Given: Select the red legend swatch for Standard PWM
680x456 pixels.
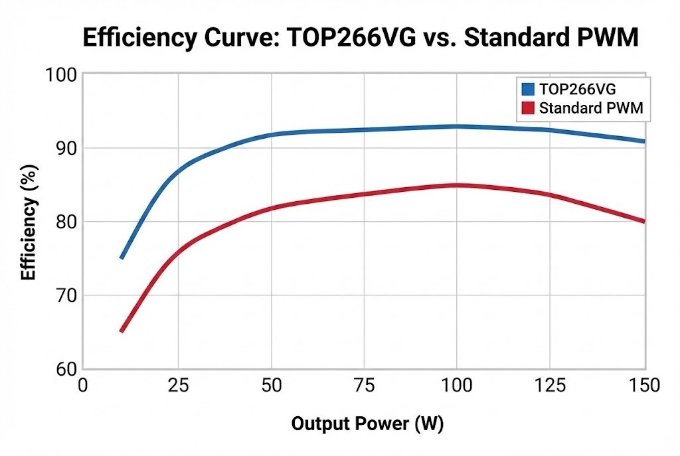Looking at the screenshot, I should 528,108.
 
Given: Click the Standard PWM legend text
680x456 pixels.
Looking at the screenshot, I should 591,108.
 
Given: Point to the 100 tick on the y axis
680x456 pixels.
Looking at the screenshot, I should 60,75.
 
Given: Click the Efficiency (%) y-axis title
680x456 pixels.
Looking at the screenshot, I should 28,222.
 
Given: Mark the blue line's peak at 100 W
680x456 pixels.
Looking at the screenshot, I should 457,126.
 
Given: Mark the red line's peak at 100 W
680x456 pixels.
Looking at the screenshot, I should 457,185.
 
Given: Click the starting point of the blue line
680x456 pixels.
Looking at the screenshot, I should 122,258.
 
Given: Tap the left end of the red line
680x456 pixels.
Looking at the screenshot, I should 122,331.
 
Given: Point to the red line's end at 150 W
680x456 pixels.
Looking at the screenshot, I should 643,221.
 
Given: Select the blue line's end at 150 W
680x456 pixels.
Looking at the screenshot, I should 643,141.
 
